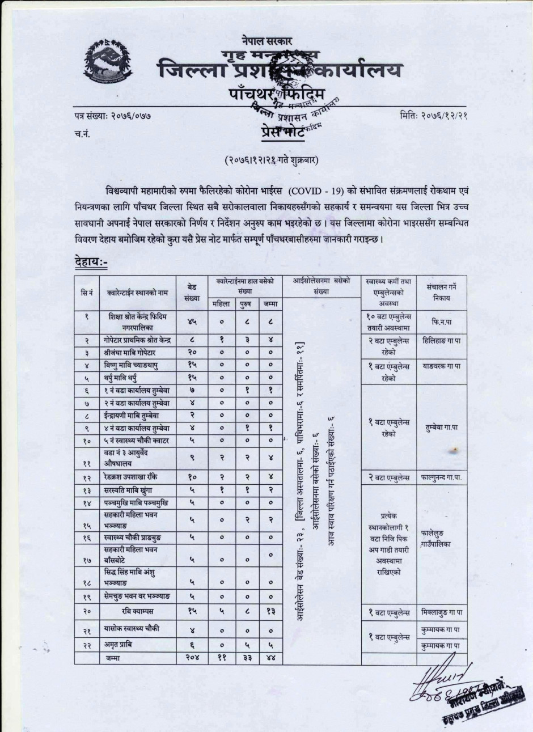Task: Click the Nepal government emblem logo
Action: coord(107,59)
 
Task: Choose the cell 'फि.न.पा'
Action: coord(441,321)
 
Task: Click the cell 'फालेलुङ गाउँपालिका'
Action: coord(441,539)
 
